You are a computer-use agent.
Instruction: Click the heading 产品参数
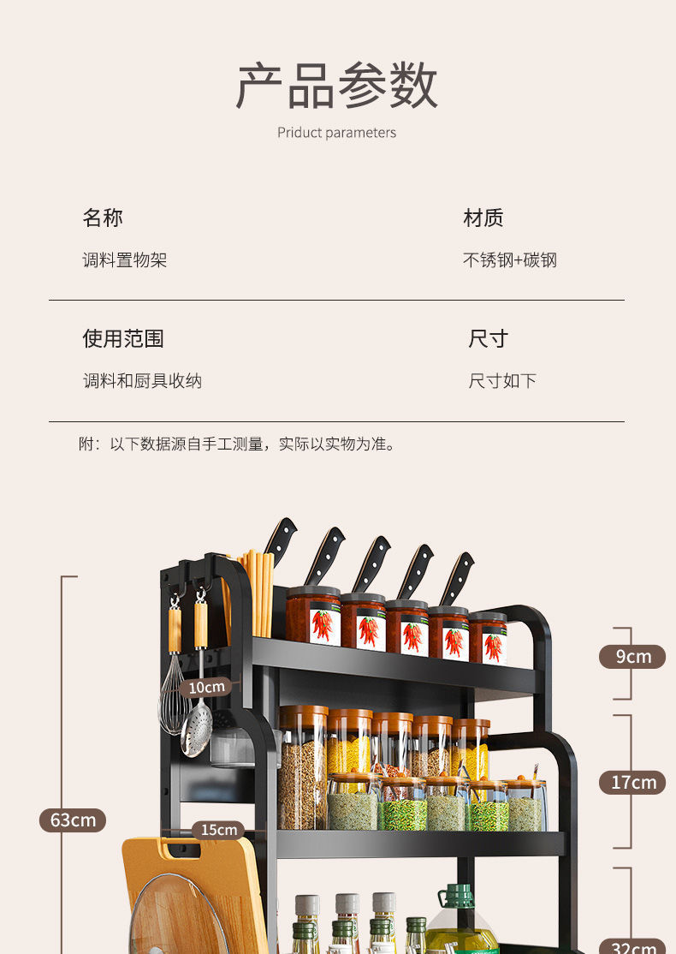(x=336, y=86)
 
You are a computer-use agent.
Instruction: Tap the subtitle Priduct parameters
(x=336, y=133)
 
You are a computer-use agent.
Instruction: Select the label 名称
(x=103, y=218)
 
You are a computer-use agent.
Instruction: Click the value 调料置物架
(x=125, y=260)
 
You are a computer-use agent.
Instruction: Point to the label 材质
(x=483, y=218)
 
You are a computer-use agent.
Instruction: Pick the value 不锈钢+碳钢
(x=510, y=260)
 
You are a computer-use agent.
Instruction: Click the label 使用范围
(x=123, y=339)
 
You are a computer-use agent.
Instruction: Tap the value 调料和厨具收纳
(x=142, y=381)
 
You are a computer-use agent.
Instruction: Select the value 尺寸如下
(x=502, y=381)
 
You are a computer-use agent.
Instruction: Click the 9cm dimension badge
(x=632, y=657)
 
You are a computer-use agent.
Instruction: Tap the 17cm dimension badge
(x=632, y=782)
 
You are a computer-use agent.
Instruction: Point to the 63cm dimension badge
(x=73, y=820)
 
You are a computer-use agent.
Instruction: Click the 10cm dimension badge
(x=206, y=687)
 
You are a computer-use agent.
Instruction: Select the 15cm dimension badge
(x=217, y=830)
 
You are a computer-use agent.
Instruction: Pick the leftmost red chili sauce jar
(x=312, y=617)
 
